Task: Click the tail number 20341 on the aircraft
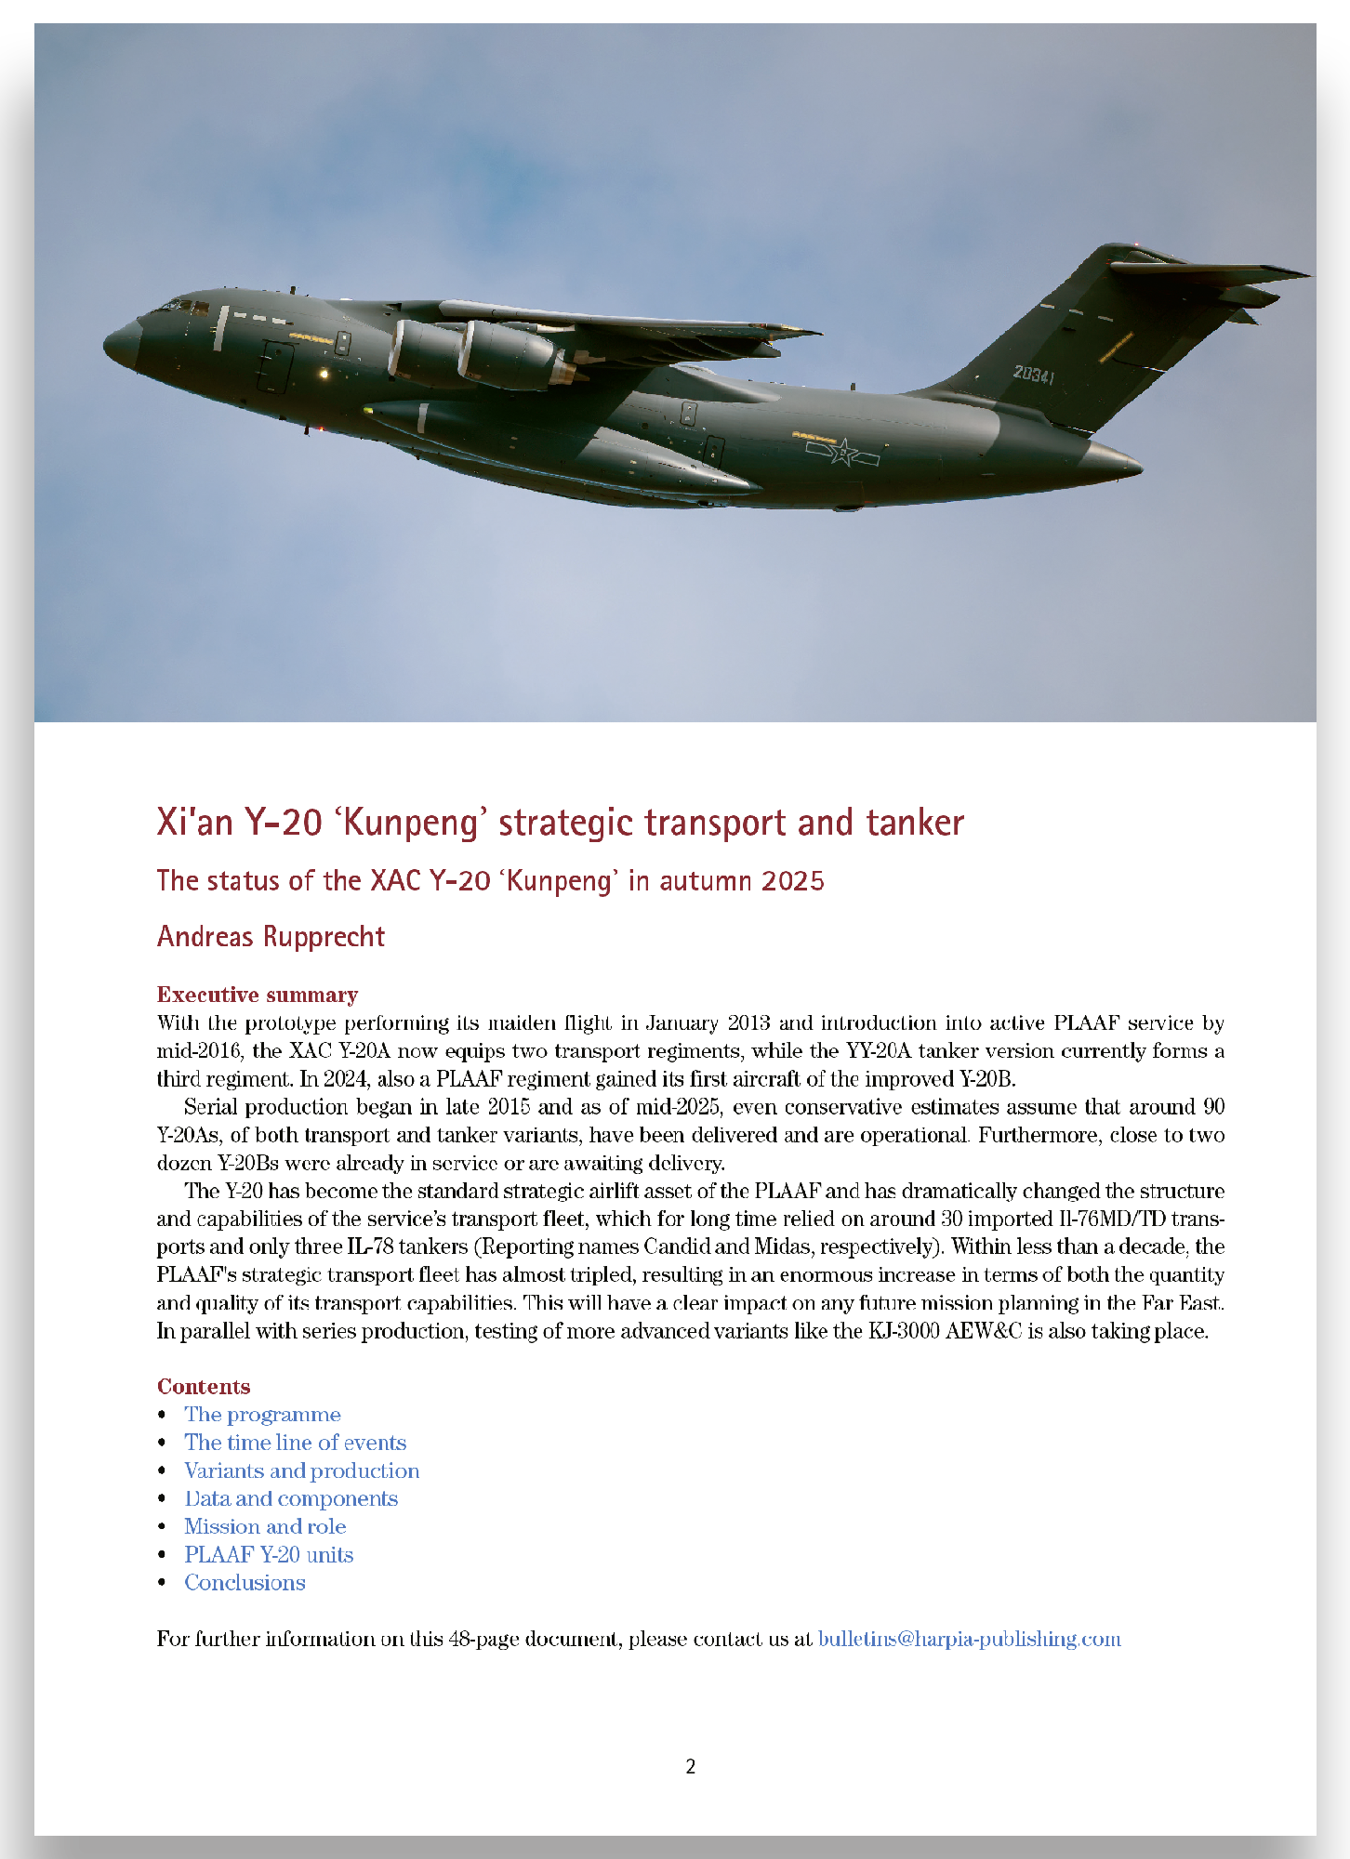click(1033, 375)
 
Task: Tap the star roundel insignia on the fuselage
click(843, 454)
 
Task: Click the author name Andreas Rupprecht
click(271, 936)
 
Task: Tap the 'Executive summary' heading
click(258, 995)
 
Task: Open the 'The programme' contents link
click(262, 1415)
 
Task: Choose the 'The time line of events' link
click(295, 1443)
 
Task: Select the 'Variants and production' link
click(301, 1470)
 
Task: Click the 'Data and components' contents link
click(291, 1498)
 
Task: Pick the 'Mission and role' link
click(265, 1526)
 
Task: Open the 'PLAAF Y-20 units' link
click(269, 1554)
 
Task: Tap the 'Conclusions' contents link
click(245, 1582)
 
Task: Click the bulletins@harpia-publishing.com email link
click(969, 1639)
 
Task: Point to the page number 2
click(690, 1767)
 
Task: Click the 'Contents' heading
click(204, 1387)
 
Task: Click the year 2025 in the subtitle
click(793, 880)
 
